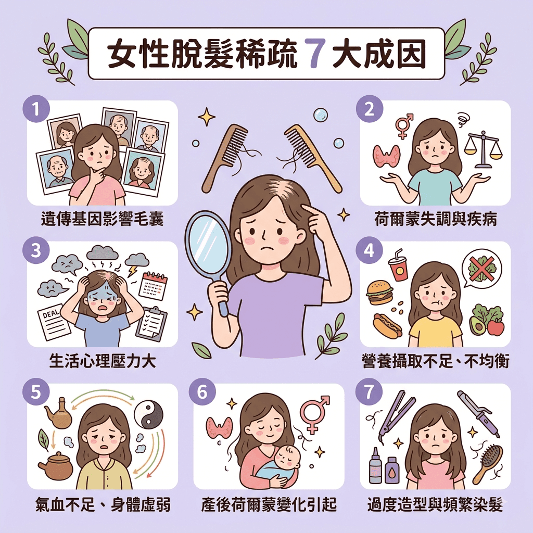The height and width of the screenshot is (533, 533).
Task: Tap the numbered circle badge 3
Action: pyautogui.click(x=36, y=251)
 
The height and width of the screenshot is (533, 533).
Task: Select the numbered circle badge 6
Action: pyautogui.click(x=202, y=392)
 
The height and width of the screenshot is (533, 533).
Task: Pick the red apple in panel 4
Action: pyautogui.click(x=496, y=327)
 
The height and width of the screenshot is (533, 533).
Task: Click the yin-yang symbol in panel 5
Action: pyautogui.click(x=148, y=414)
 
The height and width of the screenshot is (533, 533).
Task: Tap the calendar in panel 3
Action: pyautogui.click(x=154, y=287)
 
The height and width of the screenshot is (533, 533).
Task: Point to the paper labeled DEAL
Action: pyautogui.click(x=53, y=322)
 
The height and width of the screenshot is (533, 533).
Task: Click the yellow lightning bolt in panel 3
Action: pyautogui.click(x=132, y=271)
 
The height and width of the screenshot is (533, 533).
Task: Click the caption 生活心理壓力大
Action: pyautogui.click(x=103, y=361)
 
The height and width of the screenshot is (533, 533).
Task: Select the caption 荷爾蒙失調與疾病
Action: pyautogui.click(x=436, y=219)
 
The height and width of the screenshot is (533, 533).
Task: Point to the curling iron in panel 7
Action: pyautogui.click(x=478, y=413)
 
